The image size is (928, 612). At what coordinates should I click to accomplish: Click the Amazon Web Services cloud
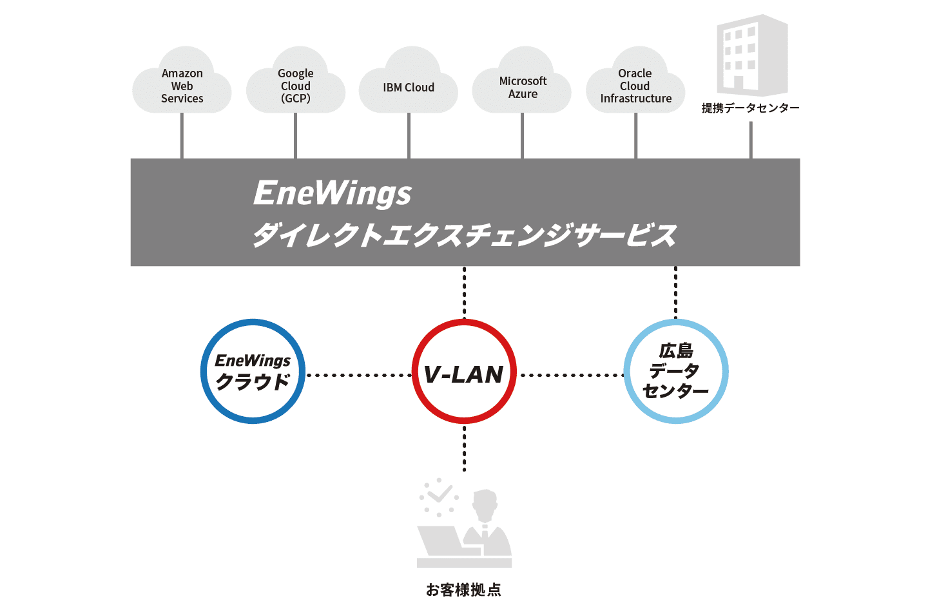182,81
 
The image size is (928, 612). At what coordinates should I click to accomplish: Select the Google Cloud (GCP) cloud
295,81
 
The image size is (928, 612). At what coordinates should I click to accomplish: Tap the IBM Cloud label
409,88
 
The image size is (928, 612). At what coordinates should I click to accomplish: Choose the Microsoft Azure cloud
522,81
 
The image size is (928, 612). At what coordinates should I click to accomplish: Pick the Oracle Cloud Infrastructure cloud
635,81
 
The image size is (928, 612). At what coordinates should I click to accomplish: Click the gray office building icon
752,55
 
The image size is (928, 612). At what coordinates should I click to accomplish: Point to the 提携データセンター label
750,108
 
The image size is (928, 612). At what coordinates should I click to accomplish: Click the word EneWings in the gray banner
333,194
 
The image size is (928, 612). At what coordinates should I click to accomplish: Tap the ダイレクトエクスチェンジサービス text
465,234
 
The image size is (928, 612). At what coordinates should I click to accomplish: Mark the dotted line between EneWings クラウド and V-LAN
359,375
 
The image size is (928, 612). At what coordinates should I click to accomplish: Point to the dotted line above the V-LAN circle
464,292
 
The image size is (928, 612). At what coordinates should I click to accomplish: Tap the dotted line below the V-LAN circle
464,448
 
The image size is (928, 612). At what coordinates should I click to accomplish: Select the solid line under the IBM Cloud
409,136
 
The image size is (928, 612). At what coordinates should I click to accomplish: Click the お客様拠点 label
463,589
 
